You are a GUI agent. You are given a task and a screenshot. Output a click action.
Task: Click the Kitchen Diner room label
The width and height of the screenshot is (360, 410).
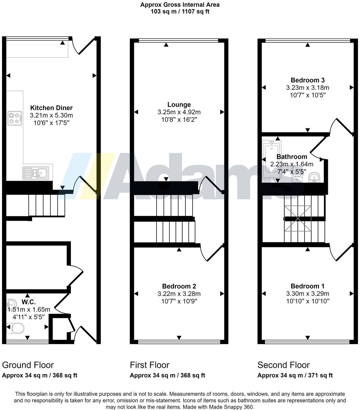tap(51, 108)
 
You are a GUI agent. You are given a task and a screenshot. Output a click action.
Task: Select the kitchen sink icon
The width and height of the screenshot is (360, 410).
tap(36, 173)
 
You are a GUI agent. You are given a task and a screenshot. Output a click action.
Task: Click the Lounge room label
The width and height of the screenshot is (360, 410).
tap(179, 105)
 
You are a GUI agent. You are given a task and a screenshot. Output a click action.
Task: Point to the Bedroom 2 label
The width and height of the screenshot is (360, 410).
tap(179, 286)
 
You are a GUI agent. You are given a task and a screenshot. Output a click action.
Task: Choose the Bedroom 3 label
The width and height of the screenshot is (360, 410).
tap(307, 80)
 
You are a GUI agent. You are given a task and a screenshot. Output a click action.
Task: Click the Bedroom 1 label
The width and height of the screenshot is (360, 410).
tap(307, 286)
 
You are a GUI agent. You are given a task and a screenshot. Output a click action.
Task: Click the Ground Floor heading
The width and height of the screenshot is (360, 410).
tap(28, 365)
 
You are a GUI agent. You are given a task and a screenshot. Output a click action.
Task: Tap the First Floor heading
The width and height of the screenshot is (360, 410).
tap(149, 365)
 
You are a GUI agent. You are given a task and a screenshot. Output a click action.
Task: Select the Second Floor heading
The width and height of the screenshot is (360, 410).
tap(283, 365)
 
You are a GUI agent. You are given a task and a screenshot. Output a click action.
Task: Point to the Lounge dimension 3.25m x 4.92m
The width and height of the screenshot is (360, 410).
tap(179, 112)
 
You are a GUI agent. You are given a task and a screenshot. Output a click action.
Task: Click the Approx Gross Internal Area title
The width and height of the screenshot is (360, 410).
tap(180, 5)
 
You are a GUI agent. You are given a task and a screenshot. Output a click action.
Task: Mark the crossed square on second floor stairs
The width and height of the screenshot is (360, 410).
tap(298, 218)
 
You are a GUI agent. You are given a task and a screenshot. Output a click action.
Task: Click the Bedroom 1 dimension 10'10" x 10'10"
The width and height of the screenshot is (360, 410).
tap(307, 301)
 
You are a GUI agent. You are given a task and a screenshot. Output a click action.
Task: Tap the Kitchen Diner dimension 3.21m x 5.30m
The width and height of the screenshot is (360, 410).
tap(51, 115)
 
